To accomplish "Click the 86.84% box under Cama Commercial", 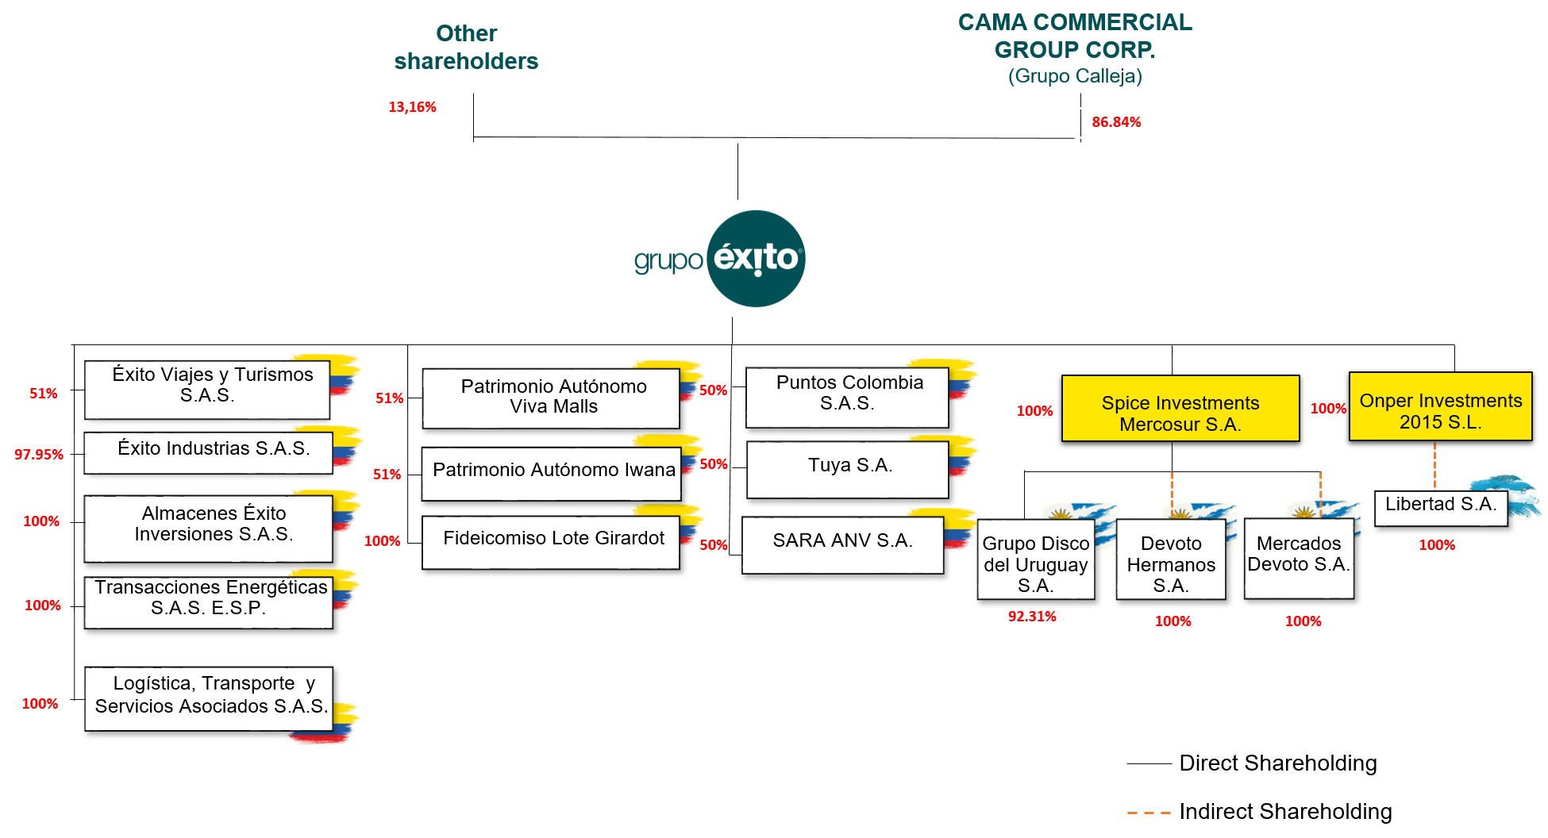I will [1116, 122].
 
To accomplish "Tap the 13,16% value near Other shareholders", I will [412, 107].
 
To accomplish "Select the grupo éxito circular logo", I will [756, 259].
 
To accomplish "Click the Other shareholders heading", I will [466, 48].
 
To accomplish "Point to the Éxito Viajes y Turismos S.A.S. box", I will [207, 389].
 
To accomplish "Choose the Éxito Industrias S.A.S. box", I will [208, 452].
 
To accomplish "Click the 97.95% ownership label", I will [39, 455].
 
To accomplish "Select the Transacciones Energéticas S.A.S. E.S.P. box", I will [208, 602].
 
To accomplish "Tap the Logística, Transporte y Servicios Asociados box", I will [208, 698].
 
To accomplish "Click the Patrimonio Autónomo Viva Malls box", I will [550, 398].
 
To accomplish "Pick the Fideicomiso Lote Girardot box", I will [550, 541].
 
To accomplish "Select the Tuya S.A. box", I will [847, 469].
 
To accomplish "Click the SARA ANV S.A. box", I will [842, 544].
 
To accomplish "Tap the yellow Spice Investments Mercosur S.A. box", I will [1180, 409].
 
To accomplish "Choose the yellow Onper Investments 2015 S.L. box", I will [1440, 406].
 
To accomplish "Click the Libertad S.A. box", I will [1440, 507].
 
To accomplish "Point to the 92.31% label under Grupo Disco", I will [1032, 617].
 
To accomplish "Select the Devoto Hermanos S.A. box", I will [1170, 559].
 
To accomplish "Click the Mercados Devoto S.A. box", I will [1298, 558].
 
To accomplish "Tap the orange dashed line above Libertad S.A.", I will [1434, 466].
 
